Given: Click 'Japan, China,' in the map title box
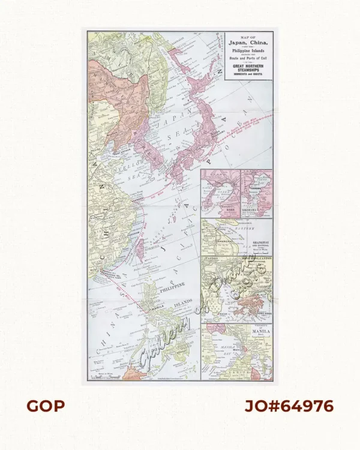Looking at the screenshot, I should pos(248,44).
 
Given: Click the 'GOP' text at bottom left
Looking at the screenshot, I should pos(45,406).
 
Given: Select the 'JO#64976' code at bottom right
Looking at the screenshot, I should pos(289,406).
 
